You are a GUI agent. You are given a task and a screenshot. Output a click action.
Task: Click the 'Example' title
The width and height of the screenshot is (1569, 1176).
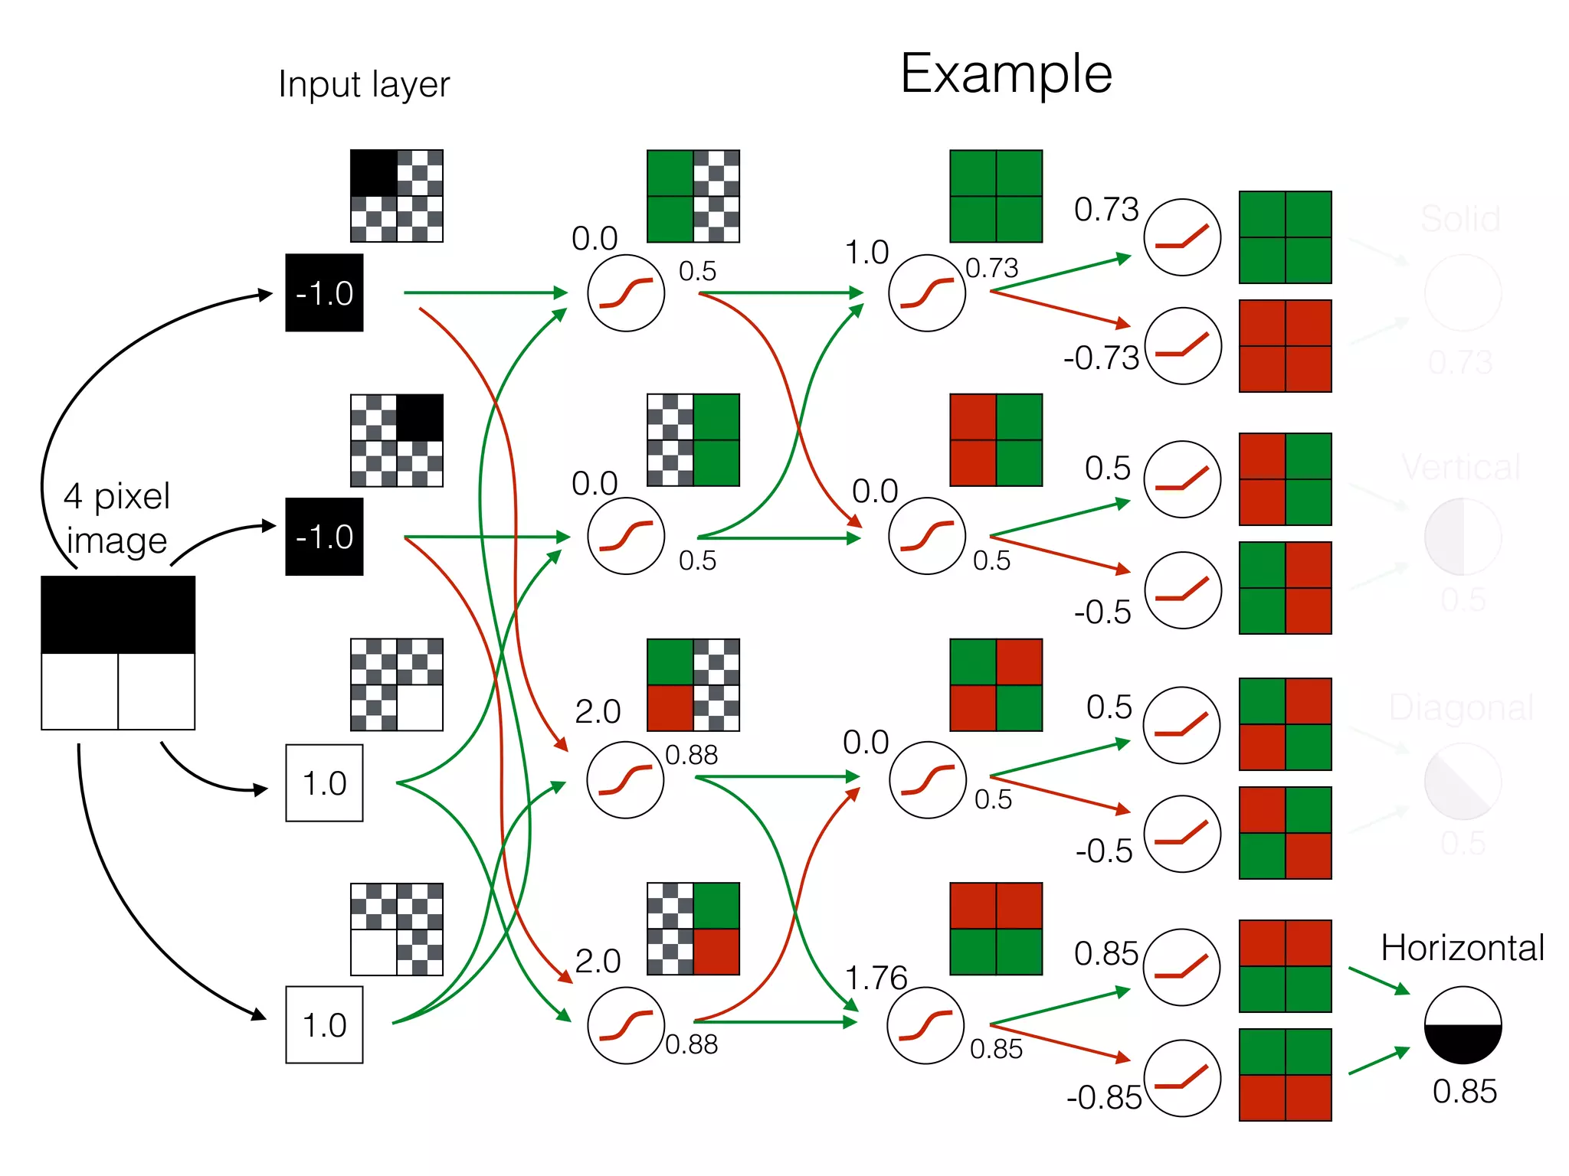[x=1005, y=74]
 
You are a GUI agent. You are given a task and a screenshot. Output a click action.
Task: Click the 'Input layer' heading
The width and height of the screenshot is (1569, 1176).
[x=364, y=84]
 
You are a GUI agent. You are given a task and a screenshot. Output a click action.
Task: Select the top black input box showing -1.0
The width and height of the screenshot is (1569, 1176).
[x=324, y=292]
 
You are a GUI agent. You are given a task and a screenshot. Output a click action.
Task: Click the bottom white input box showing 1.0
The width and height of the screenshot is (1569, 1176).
[x=324, y=1024]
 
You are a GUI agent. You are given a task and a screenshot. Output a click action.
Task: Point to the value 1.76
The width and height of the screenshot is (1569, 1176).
[x=876, y=978]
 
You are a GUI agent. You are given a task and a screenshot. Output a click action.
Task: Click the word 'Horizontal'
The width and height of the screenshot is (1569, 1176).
[x=1462, y=948]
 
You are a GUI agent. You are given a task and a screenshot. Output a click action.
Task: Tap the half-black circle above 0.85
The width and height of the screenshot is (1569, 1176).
[x=1463, y=1024]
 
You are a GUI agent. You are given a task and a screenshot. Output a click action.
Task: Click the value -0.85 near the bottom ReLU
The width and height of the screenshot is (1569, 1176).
[x=1103, y=1097]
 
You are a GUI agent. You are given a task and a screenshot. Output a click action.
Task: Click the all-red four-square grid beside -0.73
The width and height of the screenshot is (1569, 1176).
[x=1285, y=346]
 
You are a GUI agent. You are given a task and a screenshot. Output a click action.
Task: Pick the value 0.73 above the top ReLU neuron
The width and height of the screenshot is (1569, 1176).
[x=1106, y=209]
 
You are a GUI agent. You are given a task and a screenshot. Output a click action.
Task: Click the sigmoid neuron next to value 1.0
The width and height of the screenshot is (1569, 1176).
[x=926, y=292]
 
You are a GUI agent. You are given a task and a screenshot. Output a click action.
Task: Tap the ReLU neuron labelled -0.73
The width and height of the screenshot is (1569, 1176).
[x=1182, y=346]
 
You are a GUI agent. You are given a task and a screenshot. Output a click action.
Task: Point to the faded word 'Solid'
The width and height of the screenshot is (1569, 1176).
[x=1460, y=219]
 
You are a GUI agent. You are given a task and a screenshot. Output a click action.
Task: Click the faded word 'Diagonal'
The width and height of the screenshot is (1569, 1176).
[x=1461, y=707]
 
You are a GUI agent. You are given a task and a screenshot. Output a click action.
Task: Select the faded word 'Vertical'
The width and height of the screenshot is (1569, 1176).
[x=1461, y=467]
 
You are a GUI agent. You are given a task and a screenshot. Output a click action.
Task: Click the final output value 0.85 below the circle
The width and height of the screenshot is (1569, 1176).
[x=1464, y=1091]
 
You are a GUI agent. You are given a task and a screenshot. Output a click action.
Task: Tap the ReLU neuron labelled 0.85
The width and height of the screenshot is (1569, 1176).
[x=1181, y=968]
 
